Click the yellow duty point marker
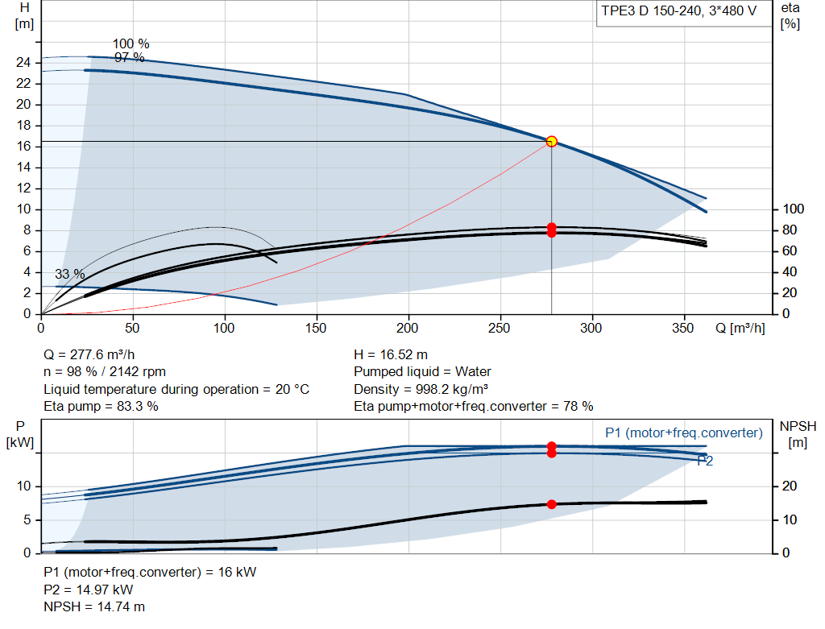click(x=551, y=142)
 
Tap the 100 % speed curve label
click(x=131, y=43)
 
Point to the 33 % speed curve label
click(x=70, y=274)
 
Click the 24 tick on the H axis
click(x=23, y=63)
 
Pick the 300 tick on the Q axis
click(x=591, y=328)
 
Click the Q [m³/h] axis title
click(x=740, y=328)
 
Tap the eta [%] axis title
click(x=790, y=16)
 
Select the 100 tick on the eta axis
click(x=793, y=209)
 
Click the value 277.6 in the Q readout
click(x=87, y=355)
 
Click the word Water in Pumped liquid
click(x=473, y=372)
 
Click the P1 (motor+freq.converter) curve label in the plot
click(x=683, y=432)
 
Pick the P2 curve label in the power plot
click(x=705, y=461)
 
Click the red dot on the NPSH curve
click(x=551, y=504)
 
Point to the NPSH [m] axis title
click(x=798, y=434)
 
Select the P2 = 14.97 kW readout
click(x=89, y=590)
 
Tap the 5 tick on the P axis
click(x=27, y=520)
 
